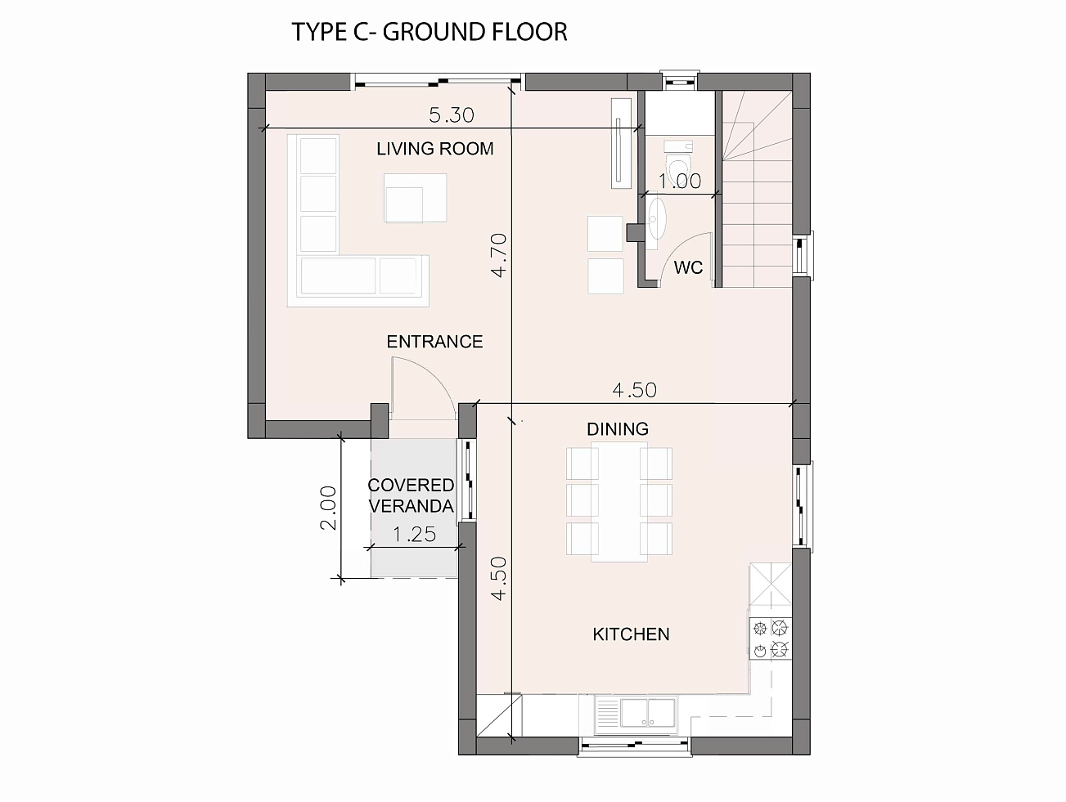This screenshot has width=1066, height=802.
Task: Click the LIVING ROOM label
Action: click(x=434, y=149)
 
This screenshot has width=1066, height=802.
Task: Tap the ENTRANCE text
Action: click(x=434, y=342)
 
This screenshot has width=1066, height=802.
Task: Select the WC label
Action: click(x=688, y=267)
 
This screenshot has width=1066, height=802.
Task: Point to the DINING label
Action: click(x=617, y=429)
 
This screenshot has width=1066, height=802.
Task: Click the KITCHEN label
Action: click(x=631, y=634)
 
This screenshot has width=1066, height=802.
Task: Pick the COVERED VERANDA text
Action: click(x=411, y=495)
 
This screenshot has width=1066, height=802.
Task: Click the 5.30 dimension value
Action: click(x=451, y=115)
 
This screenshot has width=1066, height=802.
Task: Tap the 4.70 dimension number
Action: click(x=499, y=255)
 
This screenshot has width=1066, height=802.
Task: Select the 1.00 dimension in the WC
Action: click(x=679, y=181)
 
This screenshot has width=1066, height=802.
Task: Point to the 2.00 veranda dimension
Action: click(x=328, y=508)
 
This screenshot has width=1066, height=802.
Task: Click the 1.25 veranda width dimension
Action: click(x=414, y=534)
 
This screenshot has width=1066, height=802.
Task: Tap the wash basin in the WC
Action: click(x=654, y=220)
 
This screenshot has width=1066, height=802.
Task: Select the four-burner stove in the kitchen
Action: click(x=770, y=638)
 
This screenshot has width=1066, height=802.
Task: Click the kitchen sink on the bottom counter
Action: click(x=635, y=713)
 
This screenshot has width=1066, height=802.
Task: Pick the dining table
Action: click(x=619, y=501)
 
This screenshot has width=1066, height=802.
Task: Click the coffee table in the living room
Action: click(x=416, y=198)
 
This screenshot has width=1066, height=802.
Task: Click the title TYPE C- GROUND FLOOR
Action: click(x=430, y=32)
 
